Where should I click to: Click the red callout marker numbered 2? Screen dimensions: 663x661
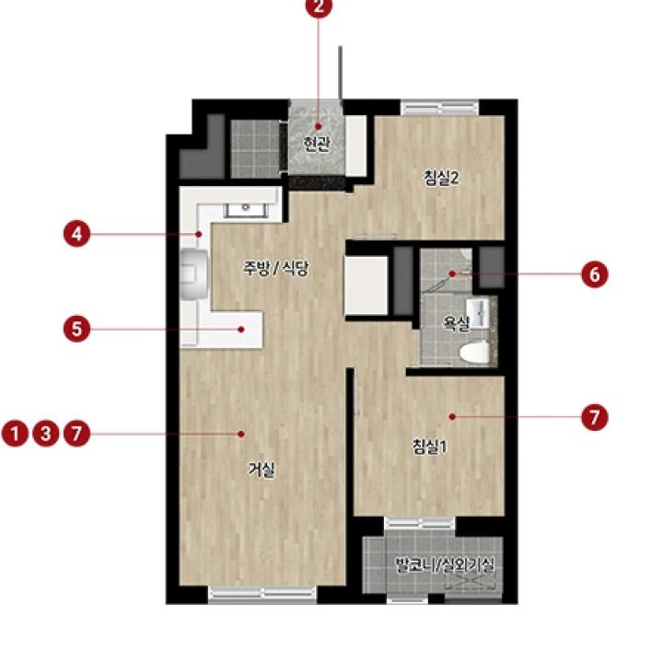(x=319, y=6)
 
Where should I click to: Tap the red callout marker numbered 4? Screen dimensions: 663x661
(x=77, y=234)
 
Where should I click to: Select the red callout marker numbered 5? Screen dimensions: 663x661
(x=77, y=329)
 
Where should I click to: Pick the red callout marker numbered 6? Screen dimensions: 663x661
(x=595, y=274)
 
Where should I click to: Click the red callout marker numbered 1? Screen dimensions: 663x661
(x=16, y=434)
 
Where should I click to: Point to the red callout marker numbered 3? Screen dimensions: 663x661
(x=46, y=434)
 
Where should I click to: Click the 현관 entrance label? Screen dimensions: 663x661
(x=317, y=145)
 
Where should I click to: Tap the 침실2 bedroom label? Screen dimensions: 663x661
(x=441, y=178)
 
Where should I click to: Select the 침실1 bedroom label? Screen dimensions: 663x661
(x=430, y=446)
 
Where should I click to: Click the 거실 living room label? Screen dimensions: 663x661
(x=262, y=470)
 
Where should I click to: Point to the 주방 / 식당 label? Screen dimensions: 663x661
(x=275, y=269)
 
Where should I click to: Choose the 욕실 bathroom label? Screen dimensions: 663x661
(x=456, y=323)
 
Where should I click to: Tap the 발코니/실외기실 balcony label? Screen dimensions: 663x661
(x=445, y=564)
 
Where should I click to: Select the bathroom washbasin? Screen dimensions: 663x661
(x=478, y=313)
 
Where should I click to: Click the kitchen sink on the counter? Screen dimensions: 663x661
(x=245, y=210)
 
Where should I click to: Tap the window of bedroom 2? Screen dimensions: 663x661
(x=440, y=107)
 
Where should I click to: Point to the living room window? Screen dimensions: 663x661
(x=262, y=594)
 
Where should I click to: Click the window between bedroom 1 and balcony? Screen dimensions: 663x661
(x=420, y=523)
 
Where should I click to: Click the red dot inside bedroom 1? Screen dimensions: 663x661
(x=452, y=417)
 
